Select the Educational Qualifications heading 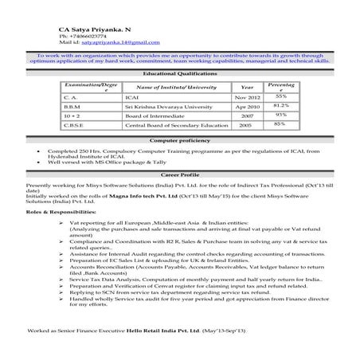(178, 72)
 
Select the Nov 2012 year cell (247, 96)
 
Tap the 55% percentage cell (280, 96)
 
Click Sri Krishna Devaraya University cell (167, 105)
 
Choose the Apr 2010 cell (247, 105)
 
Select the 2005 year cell (246, 124)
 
